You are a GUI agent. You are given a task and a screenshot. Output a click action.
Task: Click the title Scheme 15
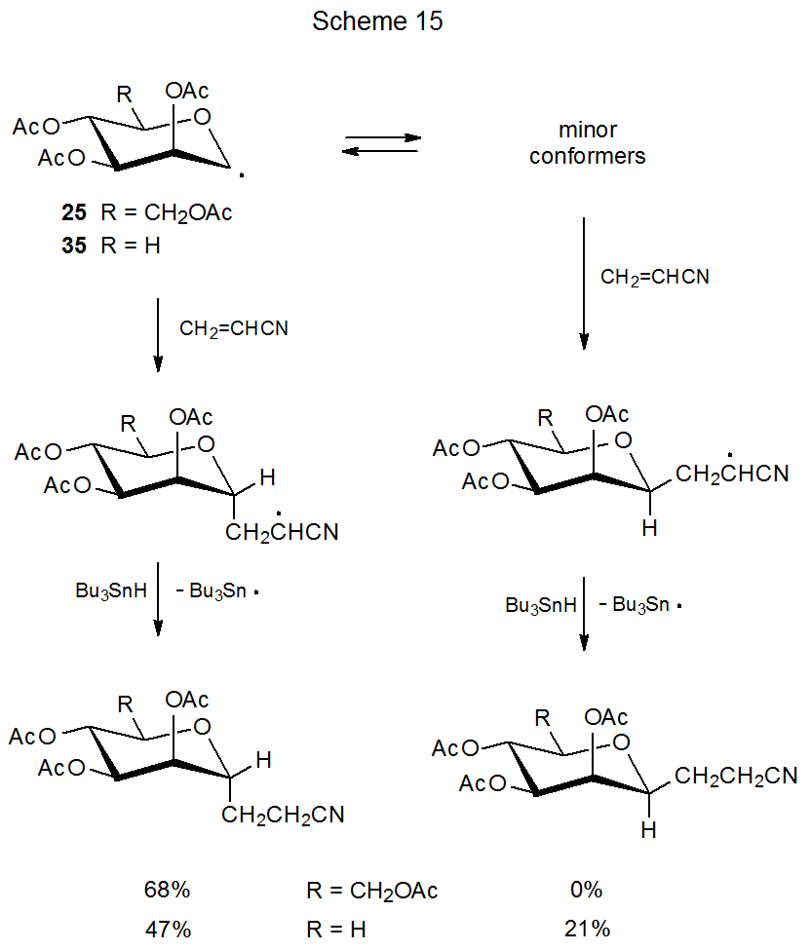[x=377, y=21]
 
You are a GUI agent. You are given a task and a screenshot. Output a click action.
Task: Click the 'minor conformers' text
[x=588, y=142]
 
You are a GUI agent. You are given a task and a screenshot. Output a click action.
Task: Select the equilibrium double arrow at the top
[x=381, y=144]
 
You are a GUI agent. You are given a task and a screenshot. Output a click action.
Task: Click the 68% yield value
[x=164, y=890]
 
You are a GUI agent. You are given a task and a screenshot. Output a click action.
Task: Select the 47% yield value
[x=164, y=929]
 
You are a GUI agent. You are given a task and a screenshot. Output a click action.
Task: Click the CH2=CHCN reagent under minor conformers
[x=655, y=278]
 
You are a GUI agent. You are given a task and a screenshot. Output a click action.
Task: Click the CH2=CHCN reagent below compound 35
[x=234, y=329]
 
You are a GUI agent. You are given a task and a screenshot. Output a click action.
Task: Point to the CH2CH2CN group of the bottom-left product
[x=283, y=815]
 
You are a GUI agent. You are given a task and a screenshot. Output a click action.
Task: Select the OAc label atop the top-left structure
[x=187, y=91]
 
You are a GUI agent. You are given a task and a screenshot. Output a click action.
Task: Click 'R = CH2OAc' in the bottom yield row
[x=371, y=890]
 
